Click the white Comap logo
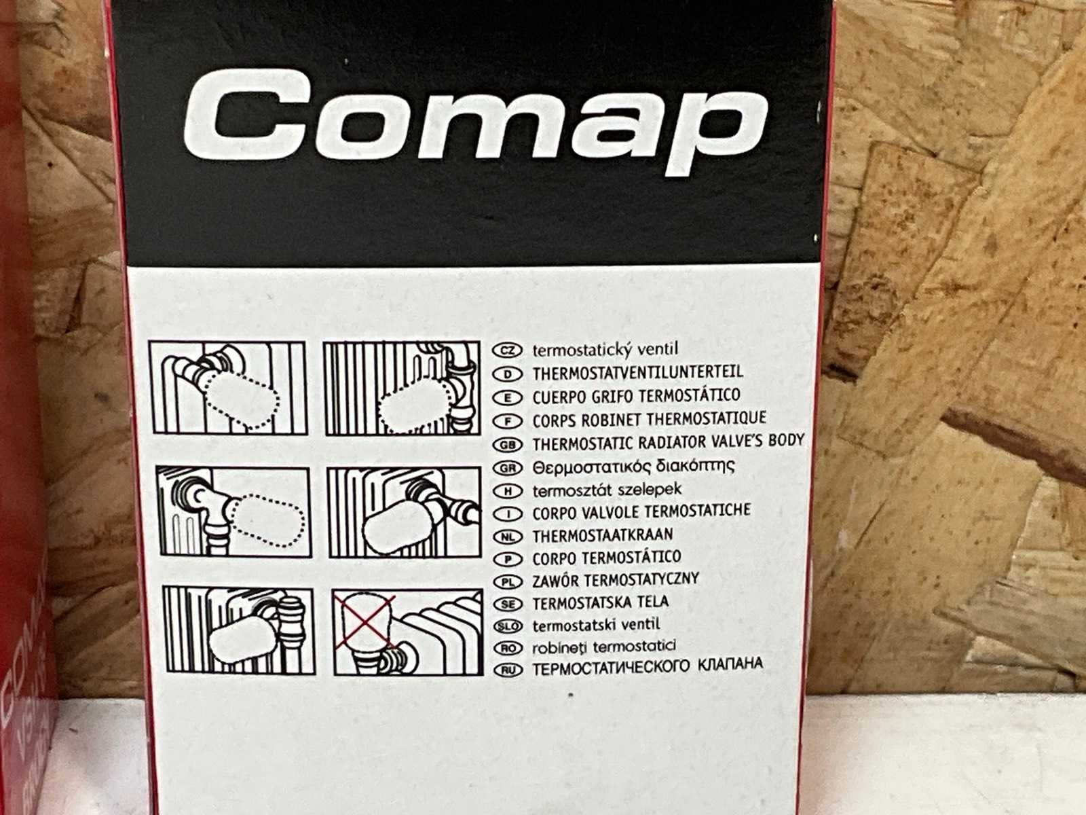[475, 122]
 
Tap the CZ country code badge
[507, 351]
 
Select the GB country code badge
[508, 445]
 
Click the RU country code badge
[508, 670]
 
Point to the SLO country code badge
[508, 626]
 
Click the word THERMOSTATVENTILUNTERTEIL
[638, 374]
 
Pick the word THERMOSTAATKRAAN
[603, 536]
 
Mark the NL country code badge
[508, 537]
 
